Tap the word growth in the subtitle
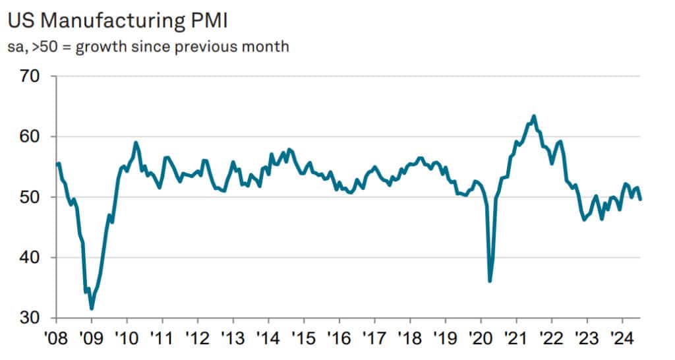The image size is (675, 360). [x=111, y=47]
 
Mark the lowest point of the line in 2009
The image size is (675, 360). [x=92, y=308]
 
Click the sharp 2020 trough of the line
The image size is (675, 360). [x=490, y=281]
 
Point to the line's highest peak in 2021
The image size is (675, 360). [x=534, y=116]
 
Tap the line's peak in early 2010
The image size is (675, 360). [x=136, y=142]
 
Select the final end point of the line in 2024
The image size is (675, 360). [x=641, y=199]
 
